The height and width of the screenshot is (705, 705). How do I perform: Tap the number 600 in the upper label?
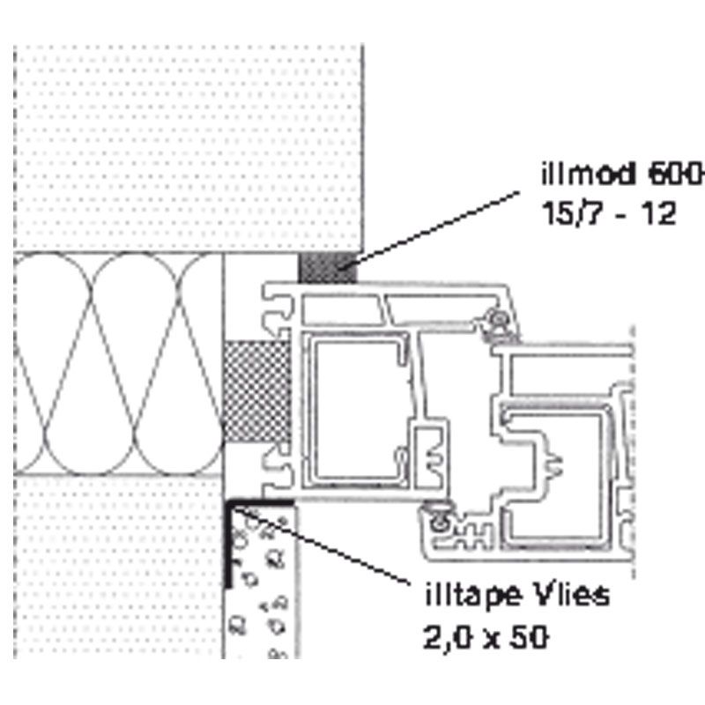click(x=674, y=174)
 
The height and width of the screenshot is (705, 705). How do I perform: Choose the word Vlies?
click(x=572, y=594)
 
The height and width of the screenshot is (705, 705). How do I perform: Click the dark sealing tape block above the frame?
click(x=328, y=268)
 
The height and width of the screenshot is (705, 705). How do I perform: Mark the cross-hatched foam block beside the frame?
click(x=257, y=391)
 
